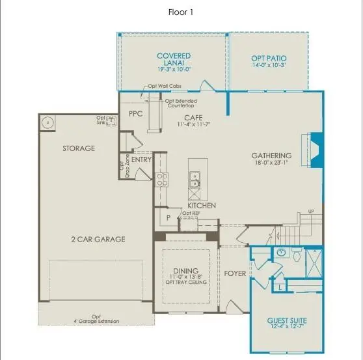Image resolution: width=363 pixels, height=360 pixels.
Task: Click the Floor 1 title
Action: [181, 12]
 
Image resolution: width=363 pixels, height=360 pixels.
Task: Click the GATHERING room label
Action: [271, 156]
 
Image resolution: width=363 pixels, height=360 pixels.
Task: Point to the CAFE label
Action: [191, 117]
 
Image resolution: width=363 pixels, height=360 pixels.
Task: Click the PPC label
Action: [135, 113]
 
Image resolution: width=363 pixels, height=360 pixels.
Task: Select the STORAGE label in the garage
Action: [79, 148]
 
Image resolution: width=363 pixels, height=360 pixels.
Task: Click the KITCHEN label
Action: [202, 205]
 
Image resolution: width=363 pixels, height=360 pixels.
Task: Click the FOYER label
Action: [235, 273]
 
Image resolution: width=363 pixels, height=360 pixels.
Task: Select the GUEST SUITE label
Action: [287, 321]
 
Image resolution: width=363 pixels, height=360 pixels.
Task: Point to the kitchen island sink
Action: [194, 176]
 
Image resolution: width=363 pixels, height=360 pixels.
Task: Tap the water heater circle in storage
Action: [48, 122]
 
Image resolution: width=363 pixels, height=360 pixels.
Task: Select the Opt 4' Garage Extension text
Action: [96, 318]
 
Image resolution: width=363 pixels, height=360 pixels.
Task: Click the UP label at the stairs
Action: [311, 212]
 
